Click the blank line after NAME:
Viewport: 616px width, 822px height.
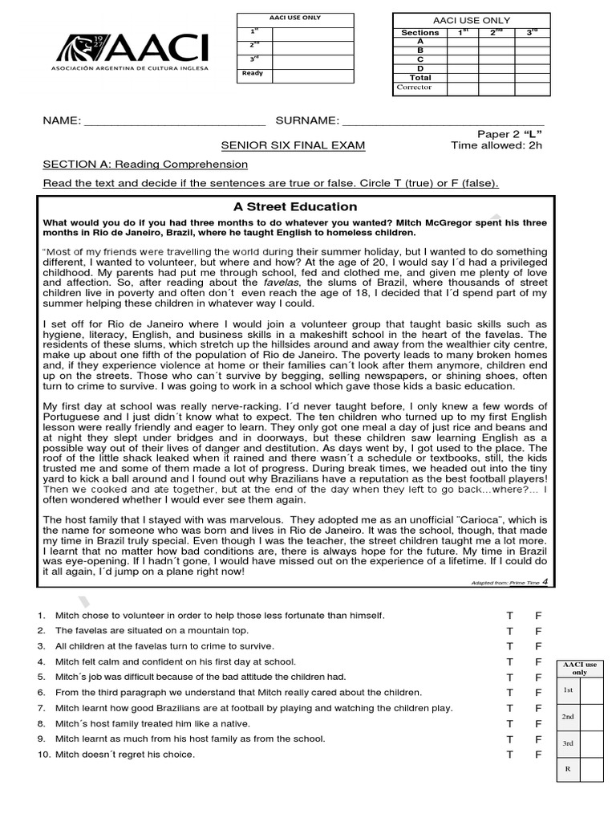174,122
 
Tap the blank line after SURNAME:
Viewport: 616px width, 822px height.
443,122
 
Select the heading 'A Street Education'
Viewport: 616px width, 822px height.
295,206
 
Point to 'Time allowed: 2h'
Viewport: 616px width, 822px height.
496,145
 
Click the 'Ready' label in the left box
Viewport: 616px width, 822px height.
253,73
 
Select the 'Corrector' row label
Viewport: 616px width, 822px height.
414,87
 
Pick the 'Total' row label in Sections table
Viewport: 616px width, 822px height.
420,78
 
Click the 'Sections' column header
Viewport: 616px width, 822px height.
420,33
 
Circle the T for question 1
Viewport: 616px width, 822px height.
509,616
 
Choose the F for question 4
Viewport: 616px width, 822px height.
539,662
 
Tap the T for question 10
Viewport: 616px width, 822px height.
509,755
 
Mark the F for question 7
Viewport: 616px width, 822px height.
539,708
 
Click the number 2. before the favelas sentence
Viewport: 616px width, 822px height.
41,631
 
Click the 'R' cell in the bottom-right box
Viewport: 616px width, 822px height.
568,769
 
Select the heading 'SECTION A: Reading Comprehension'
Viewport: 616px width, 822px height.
145,165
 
